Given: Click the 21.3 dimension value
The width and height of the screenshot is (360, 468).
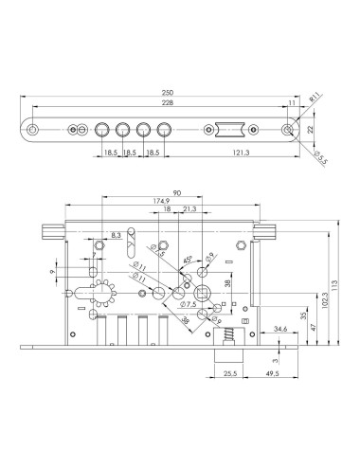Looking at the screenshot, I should point(190,211).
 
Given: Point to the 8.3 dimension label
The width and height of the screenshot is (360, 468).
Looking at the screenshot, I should point(116,234).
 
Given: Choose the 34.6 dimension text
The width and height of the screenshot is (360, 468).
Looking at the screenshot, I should point(279,329).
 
